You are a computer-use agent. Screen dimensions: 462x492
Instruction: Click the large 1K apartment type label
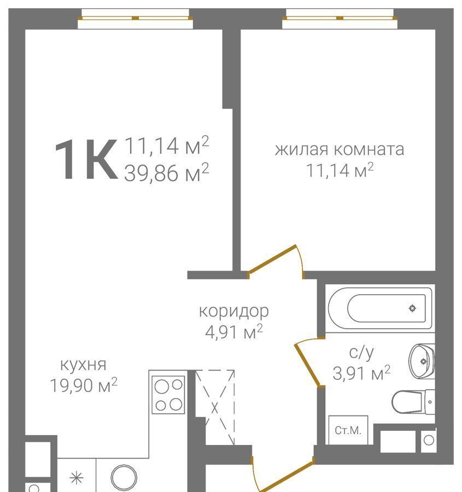86,160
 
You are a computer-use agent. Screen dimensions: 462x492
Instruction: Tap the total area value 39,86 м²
166,172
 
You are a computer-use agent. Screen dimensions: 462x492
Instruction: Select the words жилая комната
340,149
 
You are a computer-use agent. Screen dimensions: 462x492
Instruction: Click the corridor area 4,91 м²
234,332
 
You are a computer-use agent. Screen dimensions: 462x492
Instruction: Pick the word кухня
83,365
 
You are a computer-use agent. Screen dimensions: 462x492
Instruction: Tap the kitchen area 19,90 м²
84,385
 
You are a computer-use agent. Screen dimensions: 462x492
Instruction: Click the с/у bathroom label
361,353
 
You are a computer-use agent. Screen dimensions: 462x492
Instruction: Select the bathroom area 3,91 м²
361,373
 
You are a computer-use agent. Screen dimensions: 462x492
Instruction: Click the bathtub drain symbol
412,308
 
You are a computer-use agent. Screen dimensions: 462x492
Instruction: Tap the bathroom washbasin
422,361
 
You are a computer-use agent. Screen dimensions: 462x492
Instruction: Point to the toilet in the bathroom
413,402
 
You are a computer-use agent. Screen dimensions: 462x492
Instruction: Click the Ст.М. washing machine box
348,430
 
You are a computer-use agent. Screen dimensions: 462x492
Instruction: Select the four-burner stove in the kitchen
168,395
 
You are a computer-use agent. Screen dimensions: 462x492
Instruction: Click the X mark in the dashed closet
215,408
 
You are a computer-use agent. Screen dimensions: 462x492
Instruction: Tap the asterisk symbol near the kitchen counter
76,478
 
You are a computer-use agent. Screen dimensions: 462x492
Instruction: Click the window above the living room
340,18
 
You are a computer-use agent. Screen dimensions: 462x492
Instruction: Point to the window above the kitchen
135,18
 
